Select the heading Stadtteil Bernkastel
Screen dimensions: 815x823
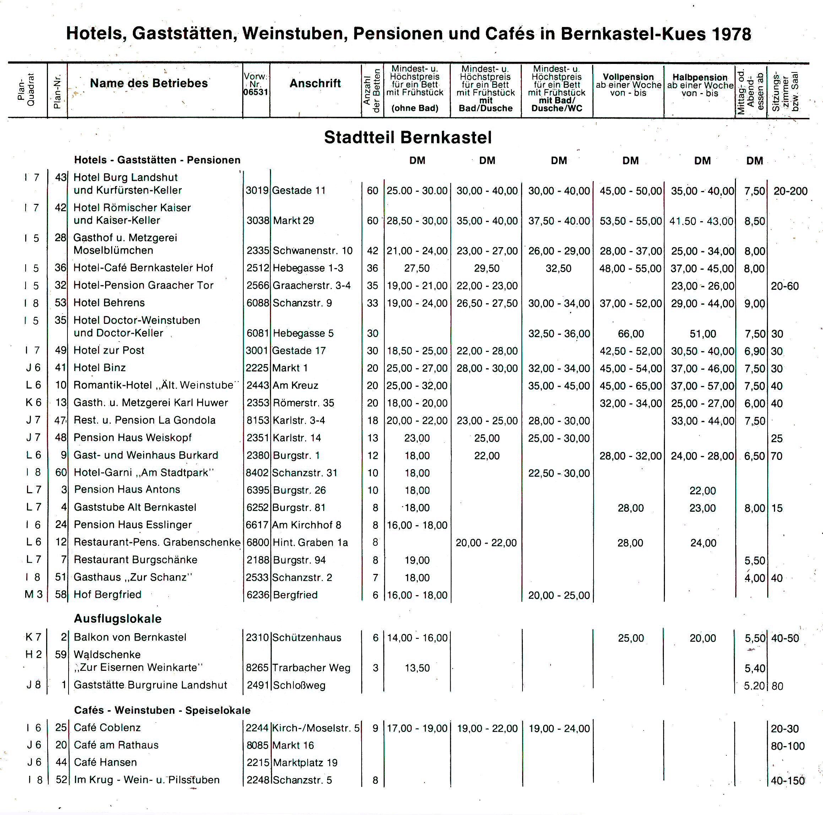[x=408, y=137]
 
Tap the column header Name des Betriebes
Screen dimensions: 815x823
[x=149, y=83]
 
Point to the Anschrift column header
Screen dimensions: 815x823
[x=315, y=83]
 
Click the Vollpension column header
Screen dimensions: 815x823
[x=628, y=77]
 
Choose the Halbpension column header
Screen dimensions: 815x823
[x=699, y=77]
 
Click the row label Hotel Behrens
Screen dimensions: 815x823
[x=109, y=303]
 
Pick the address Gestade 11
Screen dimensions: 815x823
[x=299, y=190]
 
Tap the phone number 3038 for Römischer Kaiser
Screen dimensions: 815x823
[x=258, y=221]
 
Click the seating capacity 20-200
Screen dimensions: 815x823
[x=790, y=191]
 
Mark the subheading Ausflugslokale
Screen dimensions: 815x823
[x=118, y=619]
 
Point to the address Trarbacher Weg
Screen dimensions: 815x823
[x=311, y=668]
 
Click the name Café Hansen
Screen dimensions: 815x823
[x=105, y=762]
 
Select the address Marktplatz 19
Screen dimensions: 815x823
[x=305, y=763]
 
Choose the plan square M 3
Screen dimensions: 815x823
[x=34, y=594]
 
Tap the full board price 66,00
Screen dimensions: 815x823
[x=630, y=334]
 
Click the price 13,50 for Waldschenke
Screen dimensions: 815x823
[x=417, y=668]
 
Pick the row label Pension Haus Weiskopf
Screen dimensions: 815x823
[x=132, y=438]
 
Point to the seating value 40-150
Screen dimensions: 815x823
[x=787, y=781]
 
